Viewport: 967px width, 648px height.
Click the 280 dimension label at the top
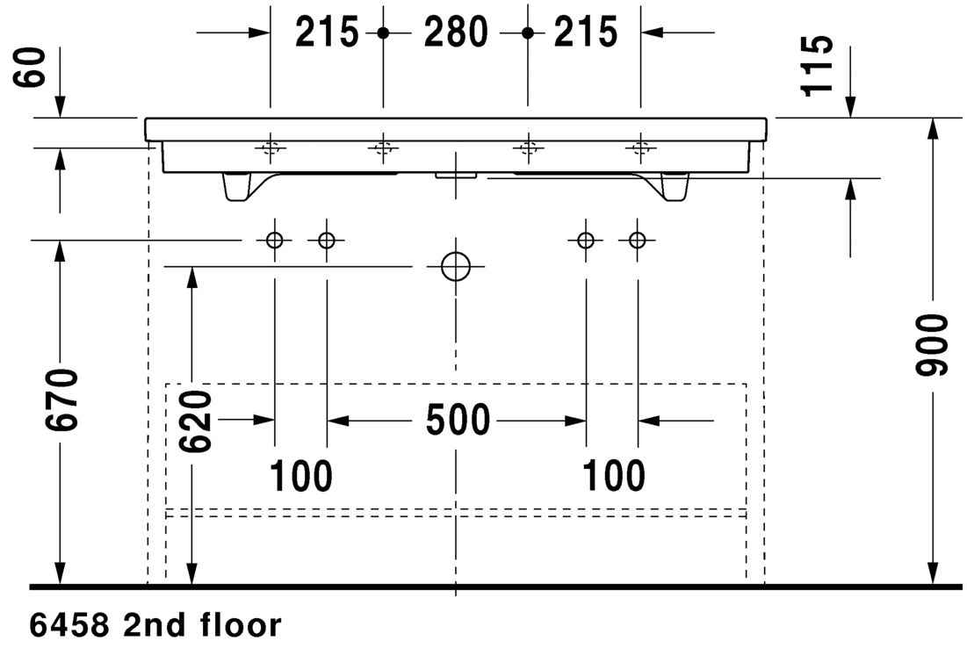coord(456,32)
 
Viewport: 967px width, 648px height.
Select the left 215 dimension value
coord(326,32)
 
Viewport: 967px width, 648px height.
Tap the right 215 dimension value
coord(585,32)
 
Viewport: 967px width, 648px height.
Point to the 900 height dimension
coord(931,345)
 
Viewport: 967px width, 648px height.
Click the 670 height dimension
coord(62,400)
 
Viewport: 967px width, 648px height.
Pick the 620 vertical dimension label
coord(196,421)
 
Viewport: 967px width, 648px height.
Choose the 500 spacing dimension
coord(458,421)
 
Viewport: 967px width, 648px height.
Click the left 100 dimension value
coord(301,476)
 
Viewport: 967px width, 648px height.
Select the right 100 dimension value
coord(614,476)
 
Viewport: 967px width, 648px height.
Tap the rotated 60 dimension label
coord(30,68)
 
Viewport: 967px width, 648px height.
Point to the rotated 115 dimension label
coord(817,65)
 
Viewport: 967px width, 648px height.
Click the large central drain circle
coord(456,266)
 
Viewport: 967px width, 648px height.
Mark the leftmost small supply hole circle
coord(274,239)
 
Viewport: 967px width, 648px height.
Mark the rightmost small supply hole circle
coord(638,239)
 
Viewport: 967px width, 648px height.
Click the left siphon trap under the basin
coord(237,186)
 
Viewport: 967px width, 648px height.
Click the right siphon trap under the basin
coord(674,186)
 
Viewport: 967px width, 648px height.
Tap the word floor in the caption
coord(242,625)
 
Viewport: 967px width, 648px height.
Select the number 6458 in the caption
coord(69,626)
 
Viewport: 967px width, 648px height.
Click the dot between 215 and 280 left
coord(383,32)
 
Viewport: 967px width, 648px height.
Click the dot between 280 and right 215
coord(527,32)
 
